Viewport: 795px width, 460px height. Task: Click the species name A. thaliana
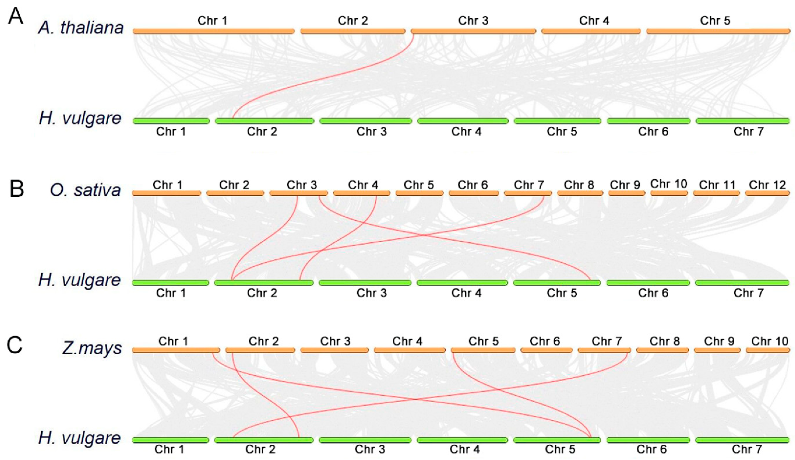(x=81, y=28)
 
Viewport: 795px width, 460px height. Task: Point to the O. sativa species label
(x=85, y=190)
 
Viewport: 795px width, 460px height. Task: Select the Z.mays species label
(x=92, y=348)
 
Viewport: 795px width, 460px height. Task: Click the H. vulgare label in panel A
(x=80, y=118)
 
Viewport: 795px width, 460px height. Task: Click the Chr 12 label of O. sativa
(x=767, y=185)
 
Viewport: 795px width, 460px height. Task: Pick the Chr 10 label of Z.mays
(x=770, y=341)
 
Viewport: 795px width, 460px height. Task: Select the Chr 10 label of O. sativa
(x=669, y=184)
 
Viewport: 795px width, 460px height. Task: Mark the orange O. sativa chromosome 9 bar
(x=626, y=193)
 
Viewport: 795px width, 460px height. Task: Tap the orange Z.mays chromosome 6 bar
(x=546, y=350)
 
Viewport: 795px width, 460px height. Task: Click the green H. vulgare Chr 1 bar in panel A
(x=171, y=121)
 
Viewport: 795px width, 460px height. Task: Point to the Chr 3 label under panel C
(x=370, y=449)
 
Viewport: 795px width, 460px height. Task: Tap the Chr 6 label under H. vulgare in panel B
(x=653, y=293)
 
